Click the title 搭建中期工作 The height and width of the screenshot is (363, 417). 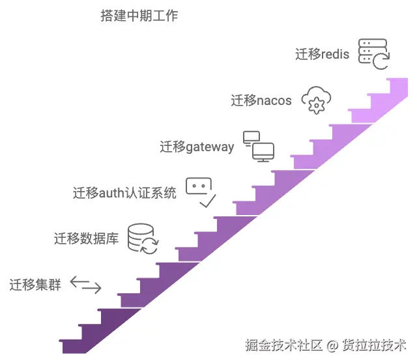139,16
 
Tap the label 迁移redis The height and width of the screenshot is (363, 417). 322,54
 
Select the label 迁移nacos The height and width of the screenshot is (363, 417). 261,100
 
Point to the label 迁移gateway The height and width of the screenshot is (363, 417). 197,147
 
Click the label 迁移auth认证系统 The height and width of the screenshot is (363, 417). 124,193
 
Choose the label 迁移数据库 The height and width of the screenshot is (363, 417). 86,239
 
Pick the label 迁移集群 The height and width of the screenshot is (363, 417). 35,285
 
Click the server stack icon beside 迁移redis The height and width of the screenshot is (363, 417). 373,53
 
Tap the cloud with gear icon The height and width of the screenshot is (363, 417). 316,100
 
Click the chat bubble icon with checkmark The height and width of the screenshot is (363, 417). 201,192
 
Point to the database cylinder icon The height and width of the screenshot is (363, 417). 142,238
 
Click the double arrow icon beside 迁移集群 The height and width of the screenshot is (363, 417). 85,284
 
